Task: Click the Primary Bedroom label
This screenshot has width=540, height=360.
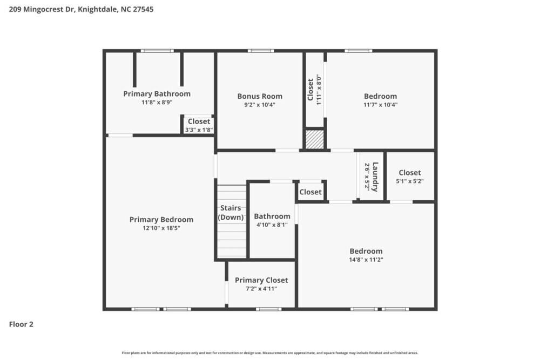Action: [161, 220]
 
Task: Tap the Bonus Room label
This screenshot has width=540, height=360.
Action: [260, 97]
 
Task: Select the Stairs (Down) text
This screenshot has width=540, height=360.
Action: [231, 213]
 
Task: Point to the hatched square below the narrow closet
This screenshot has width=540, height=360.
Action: [315, 139]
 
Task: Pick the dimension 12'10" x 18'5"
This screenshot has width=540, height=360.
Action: [161, 228]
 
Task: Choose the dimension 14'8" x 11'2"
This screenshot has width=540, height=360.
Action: [366, 260]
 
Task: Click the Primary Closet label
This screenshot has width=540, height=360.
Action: [261, 280]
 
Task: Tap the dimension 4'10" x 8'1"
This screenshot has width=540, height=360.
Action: [272, 225]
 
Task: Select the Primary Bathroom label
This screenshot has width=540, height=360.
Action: [157, 94]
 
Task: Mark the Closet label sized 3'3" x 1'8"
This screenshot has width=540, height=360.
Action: [199, 121]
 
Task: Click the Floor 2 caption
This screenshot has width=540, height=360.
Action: [21, 324]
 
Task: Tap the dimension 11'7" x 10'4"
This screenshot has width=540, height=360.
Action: [380, 105]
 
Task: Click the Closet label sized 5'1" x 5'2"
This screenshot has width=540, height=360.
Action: [409, 173]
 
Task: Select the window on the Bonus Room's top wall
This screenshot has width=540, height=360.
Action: [261, 51]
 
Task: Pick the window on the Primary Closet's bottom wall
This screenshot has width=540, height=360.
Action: [268, 309]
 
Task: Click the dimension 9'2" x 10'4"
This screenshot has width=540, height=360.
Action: [260, 105]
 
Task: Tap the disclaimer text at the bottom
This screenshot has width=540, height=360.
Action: [269, 353]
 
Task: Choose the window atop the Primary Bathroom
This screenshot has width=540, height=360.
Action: [157, 51]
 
